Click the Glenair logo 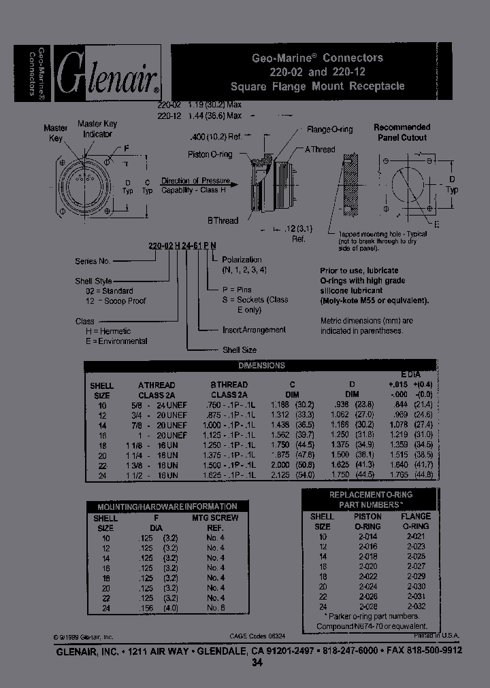[x=107, y=73]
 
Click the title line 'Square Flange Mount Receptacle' [x=317, y=86]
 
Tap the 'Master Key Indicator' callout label [x=99, y=128]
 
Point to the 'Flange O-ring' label [x=330, y=129]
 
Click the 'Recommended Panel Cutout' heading [x=402, y=132]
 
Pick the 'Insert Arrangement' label [x=254, y=330]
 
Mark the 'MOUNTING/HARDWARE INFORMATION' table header [x=167, y=506]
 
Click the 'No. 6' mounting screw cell [x=216, y=607]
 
